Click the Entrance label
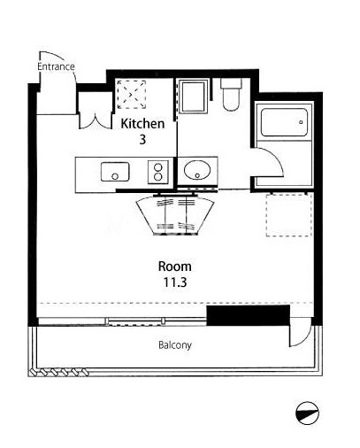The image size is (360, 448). click(56, 66)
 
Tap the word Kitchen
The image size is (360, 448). click(142, 123)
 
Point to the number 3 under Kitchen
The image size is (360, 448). click(142, 139)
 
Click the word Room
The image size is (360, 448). click(175, 266)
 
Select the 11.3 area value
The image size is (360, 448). click(175, 282)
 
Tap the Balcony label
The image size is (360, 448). click(175, 344)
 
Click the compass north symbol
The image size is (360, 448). click(307, 413)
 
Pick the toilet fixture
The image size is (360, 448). click(231, 95)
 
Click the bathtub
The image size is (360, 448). click(284, 122)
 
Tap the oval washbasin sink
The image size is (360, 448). click(197, 170)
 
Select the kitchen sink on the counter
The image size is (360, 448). click(115, 172)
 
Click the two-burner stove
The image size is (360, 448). click(158, 172)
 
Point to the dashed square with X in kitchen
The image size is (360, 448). click(132, 95)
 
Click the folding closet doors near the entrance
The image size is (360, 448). click(96, 120)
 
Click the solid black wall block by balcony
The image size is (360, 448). click(249, 315)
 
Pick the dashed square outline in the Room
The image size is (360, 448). click(289, 214)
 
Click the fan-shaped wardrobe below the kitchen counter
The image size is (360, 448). click(175, 215)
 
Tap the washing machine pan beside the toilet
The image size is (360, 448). click(193, 97)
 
